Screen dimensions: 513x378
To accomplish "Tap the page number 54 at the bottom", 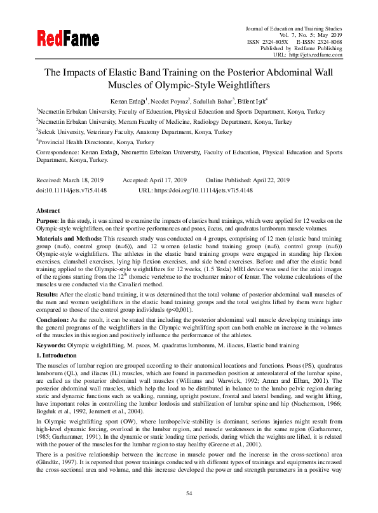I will (x=189, y=493).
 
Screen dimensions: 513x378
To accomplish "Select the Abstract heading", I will (x=48, y=210).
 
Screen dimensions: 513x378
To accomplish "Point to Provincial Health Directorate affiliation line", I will (x=95, y=142).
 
